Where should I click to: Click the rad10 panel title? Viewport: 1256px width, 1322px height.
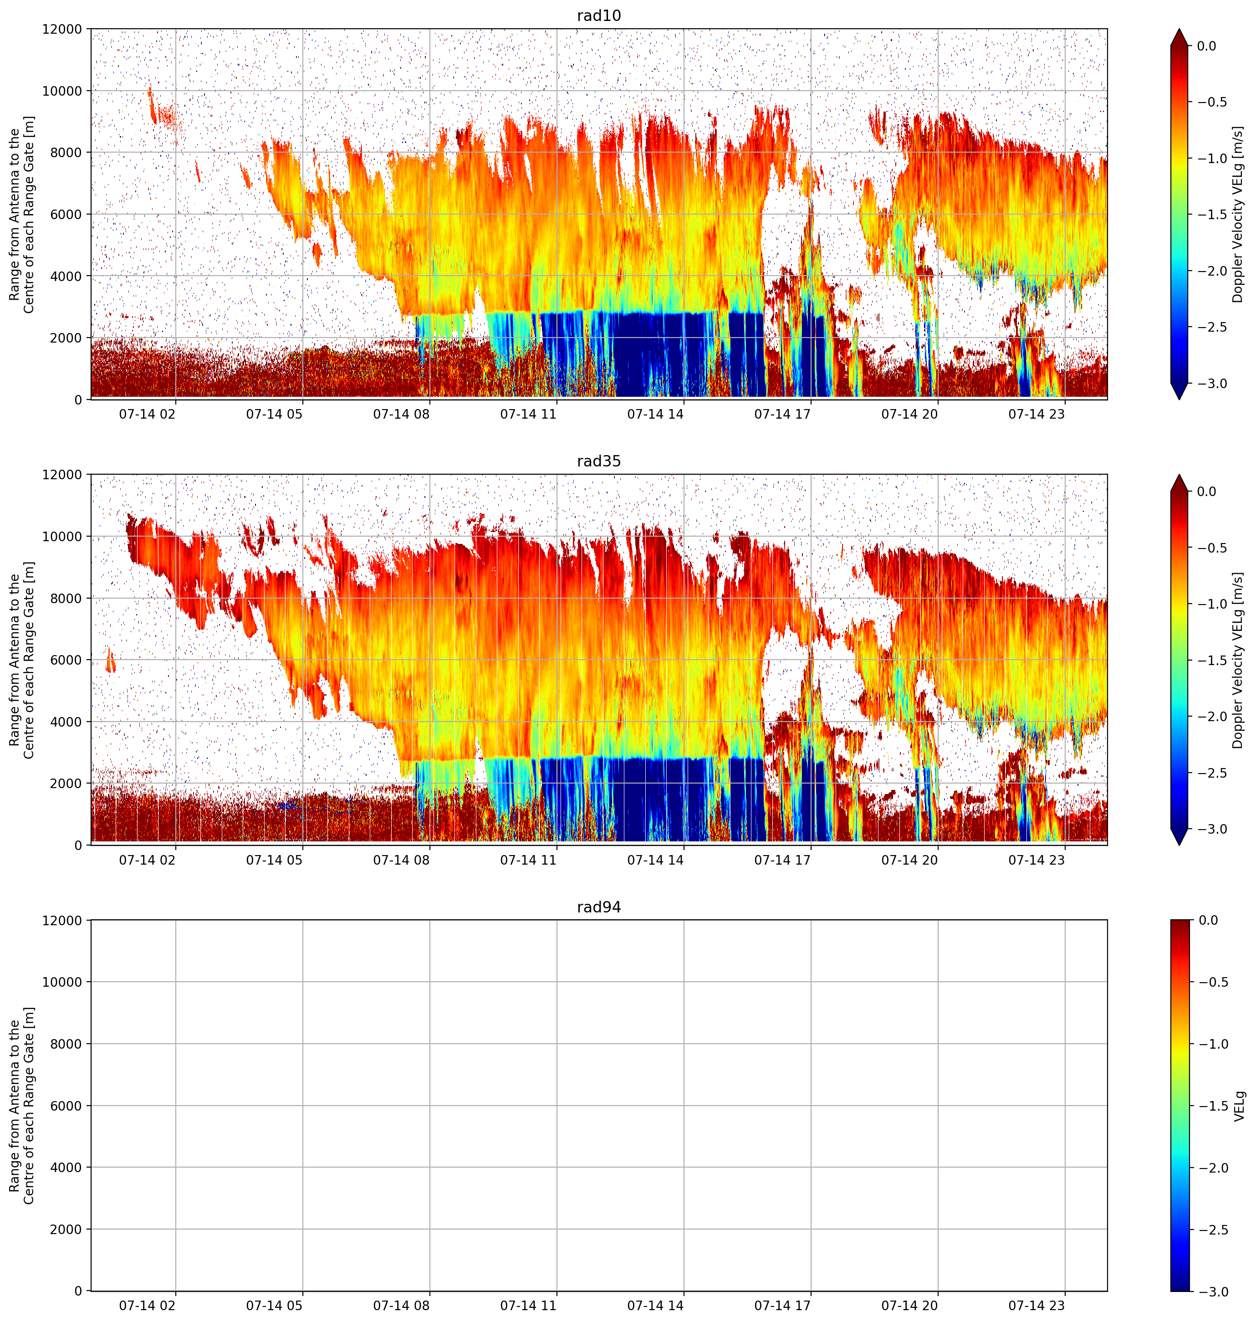(x=598, y=15)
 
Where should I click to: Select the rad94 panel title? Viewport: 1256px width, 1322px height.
(x=598, y=907)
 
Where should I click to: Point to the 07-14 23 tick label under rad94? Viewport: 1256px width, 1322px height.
(x=1036, y=1305)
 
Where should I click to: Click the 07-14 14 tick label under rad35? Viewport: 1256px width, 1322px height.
(x=655, y=859)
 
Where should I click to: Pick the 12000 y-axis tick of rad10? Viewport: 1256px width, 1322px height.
(x=66, y=30)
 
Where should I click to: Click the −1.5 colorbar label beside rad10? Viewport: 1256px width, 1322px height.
(x=1212, y=214)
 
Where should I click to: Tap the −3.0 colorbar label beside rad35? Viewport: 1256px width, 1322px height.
(x=1212, y=829)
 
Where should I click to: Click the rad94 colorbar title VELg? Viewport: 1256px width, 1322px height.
(x=1239, y=1106)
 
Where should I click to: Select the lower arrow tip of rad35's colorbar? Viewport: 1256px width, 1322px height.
(x=1179, y=845)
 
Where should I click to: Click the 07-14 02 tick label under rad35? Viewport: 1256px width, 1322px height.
(x=147, y=859)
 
